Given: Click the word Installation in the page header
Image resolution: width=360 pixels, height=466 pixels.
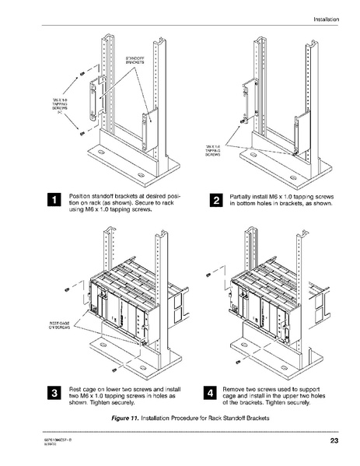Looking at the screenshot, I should (x=325, y=18).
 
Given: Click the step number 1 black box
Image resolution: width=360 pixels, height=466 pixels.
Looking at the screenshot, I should (x=53, y=200).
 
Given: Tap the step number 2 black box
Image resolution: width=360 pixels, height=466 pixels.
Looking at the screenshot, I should (x=216, y=201).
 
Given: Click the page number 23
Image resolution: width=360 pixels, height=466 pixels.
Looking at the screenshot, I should (x=333, y=442).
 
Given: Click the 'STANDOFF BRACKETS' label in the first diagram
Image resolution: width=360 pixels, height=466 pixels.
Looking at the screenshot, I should (x=136, y=59).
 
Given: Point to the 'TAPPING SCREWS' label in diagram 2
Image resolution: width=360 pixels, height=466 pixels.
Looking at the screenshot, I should (x=213, y=150).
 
